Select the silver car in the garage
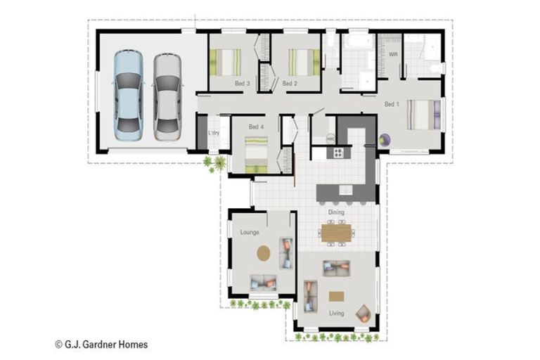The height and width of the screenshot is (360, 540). click(x=167, y=94)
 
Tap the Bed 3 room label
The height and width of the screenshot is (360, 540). click(x=242, y=83)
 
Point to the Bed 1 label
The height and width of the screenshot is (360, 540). click(x=392, y=104)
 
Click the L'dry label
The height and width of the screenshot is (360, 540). click(x=214, y=133)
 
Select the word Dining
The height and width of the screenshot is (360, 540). click(x=336, y=211)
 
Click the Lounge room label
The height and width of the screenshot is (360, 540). click(x=250, y=232)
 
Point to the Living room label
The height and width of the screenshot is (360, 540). click(x=336, y=313)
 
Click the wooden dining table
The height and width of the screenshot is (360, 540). click(x=336, y=233)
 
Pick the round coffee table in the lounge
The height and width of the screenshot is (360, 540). click(x=263, y=252)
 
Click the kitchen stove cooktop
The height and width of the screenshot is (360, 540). click(x=338, y=152)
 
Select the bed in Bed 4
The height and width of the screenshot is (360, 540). click(x=256, y=154)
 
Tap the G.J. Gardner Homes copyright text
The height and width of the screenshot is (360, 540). click(x=101, y=345)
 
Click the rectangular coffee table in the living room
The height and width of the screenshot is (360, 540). click(x=337, y=296)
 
